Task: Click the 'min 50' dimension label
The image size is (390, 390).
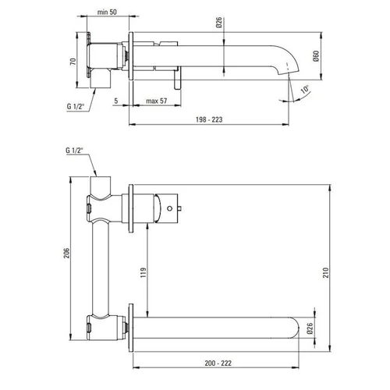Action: [x=107, y=12]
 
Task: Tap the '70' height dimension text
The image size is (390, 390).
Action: [x=73, y=62]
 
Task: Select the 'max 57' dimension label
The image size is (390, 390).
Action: [x=156, y=101]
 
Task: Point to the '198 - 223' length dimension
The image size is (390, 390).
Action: [x=209, y=119]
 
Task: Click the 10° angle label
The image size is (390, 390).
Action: [x=305, y=89]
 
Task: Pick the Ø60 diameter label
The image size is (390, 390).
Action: [x=316, y=56]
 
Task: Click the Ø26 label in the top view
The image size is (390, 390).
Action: [x=219, y=23]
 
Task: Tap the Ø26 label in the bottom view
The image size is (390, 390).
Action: [x=310, y=328]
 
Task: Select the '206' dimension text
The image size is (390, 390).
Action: [x=67, y=253]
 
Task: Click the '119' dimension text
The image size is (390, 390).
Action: [x=144, y=272]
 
